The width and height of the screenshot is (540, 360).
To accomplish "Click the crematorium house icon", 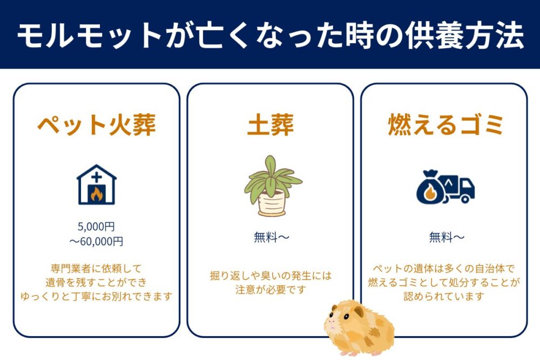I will [96, 185].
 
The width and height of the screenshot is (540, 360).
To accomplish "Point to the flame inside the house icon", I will [96, 193].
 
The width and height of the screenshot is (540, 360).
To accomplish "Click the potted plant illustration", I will [272, 185].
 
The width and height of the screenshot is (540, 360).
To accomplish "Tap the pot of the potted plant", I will [271, 203].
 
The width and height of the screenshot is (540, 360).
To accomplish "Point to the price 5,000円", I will [96, 227].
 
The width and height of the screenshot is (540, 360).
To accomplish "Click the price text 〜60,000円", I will [96, 241].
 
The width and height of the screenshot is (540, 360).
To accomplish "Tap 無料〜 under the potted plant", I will [271, 237].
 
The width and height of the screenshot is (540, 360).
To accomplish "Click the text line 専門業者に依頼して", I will [96, 268].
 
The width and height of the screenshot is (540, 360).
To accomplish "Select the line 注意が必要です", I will [271, 290].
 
